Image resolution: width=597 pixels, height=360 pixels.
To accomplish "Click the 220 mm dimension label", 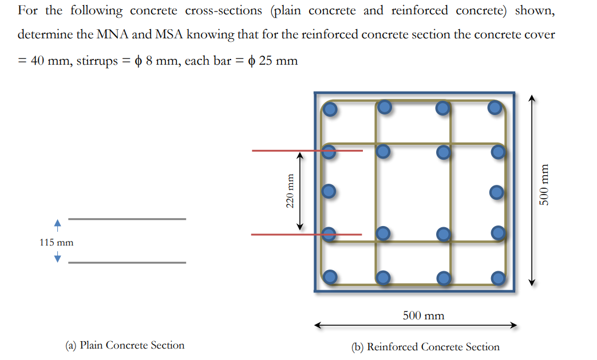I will click(290, 191).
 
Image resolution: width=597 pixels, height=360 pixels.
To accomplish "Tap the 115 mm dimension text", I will click(57, 242).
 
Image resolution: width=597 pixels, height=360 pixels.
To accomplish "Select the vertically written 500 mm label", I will click(547, 189).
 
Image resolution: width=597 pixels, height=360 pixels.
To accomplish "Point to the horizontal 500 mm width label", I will click(423, 315).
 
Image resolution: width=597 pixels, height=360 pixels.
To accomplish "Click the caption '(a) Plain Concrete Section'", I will click(125, 345).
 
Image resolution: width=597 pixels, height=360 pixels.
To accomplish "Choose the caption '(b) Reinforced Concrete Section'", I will click(425, 347).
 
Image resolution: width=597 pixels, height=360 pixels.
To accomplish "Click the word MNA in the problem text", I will click(114, 34).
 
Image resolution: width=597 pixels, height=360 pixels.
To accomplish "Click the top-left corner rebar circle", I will click(330, 108).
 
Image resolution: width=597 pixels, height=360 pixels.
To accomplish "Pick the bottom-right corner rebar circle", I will click(497, 278).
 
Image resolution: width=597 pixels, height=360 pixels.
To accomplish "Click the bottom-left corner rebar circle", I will click(330, 278).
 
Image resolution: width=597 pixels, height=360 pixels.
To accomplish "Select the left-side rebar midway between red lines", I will click(329, 191).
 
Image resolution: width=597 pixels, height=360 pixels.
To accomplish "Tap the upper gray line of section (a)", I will click(127, 219).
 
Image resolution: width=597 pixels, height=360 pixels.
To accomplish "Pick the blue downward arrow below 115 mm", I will click(57, 258).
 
